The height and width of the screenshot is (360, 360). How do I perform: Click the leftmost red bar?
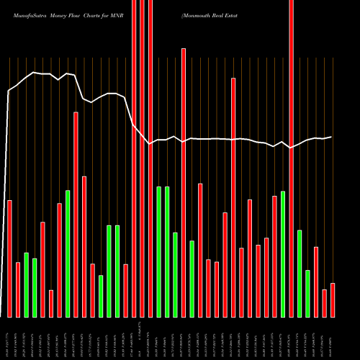click(x=10, y=258)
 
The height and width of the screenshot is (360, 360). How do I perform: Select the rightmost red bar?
click(x=332, y=300)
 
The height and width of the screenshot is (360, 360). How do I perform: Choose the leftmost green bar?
click(x=27, y=284)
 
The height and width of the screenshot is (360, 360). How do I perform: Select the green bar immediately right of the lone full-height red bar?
click(x=299, y=273)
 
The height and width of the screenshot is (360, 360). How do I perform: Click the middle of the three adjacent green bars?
click(x=167, y=251)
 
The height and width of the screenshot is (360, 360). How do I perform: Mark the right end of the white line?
click(x=332, y=137)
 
